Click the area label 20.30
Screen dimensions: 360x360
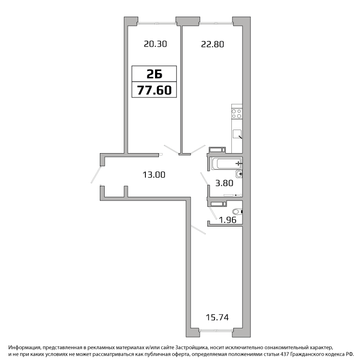[155, 44]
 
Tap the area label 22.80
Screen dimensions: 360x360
[212, 44]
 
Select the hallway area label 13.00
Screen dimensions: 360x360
[154, 175]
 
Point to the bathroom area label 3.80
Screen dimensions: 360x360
[224, 183]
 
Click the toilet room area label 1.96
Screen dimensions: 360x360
[228, 220]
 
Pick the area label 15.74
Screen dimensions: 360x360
[217, 318]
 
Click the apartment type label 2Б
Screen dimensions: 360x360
[154, 74]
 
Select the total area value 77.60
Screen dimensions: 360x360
[154, 90]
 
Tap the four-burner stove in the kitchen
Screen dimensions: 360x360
[237, 114]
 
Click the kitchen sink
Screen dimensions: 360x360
[237, 134]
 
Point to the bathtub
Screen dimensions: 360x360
[227, 164]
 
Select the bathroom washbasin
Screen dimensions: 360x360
[239, 174]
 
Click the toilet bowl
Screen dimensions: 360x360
[238, 212]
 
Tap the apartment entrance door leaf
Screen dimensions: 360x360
[96, 175]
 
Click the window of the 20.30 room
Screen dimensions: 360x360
[157, 23]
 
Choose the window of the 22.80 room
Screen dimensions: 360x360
[216, 23]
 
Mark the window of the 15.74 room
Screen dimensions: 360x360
[216, 331]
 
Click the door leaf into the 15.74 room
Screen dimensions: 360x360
[198, 230]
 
